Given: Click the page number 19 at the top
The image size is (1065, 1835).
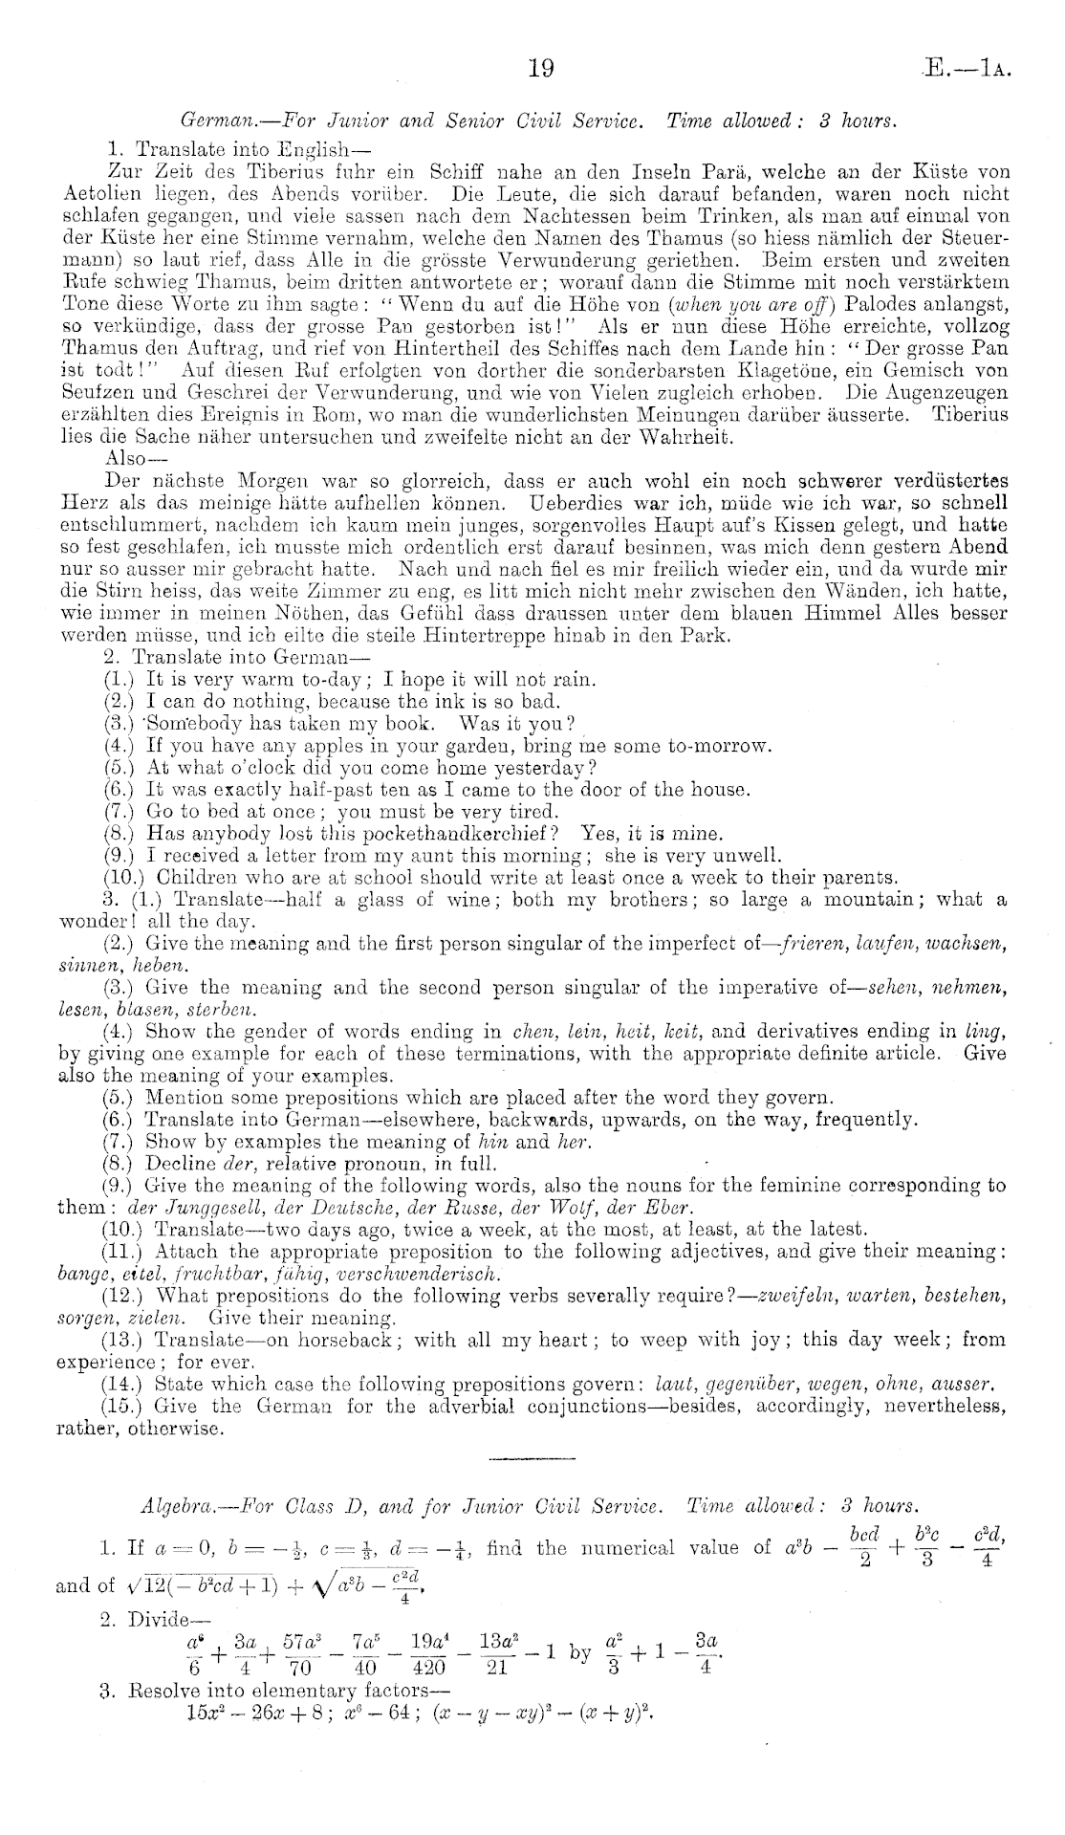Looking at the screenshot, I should pos(541,68).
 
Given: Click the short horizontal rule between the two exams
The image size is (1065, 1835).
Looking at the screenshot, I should pos(532,1459).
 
